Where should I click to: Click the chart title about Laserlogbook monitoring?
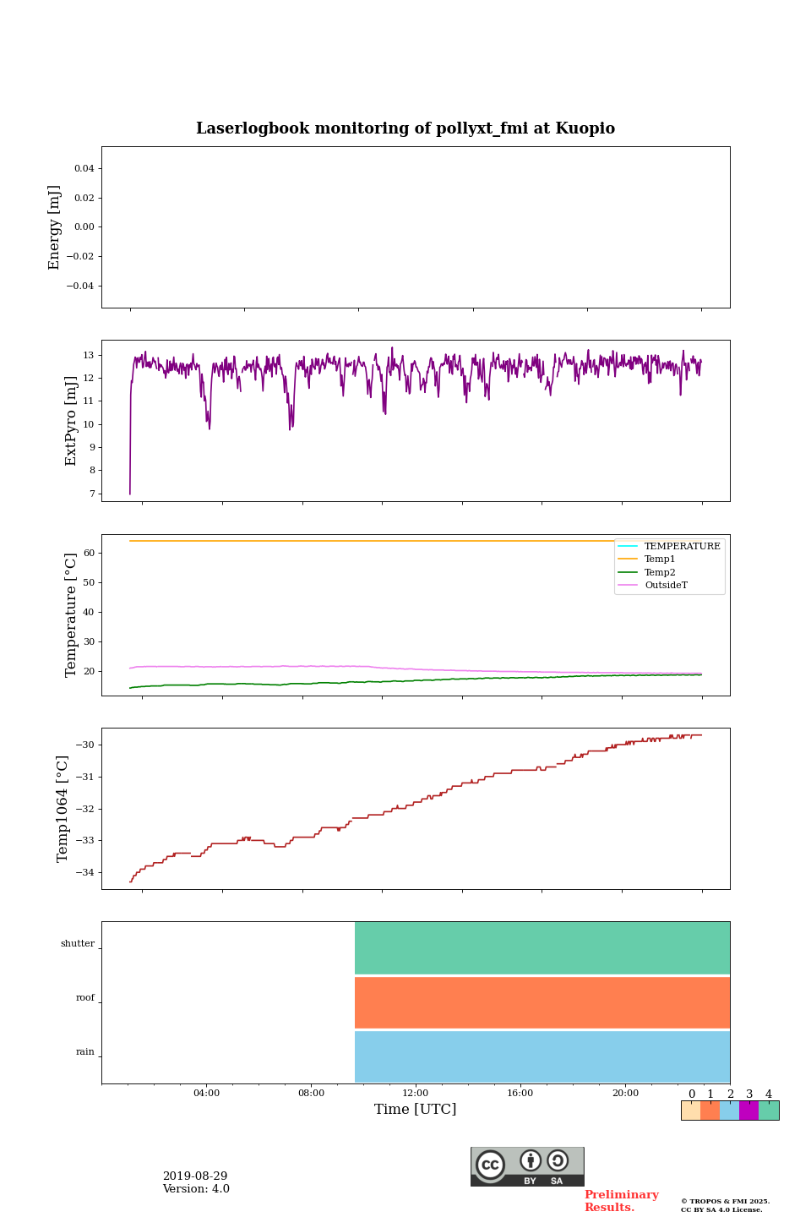[x=405, y=128]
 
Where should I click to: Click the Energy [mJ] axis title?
[x=54, y=227]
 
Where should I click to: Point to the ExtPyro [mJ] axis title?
[x=71, y=421]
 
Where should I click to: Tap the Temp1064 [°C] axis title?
[x=63, y=809]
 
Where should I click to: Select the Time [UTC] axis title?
[x=416, y=1109]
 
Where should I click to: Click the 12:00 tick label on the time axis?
[x=416, y=1093]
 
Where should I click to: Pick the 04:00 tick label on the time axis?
[x=206, y=1093]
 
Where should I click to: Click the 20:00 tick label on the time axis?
[x=625, y=1093]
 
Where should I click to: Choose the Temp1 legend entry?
[x=660, y=559]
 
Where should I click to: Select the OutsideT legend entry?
[x=666, y=586]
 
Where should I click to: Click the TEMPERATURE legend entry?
[x=682, y=547]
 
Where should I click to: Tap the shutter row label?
[x=78, y=944]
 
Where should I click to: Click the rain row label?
[x=85, y=1052]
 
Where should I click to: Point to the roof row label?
[x=85, y=998]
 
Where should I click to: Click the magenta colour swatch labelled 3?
[x=748, y=1111]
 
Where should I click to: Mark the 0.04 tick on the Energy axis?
[x=84, y=169]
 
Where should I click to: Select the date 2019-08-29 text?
[x=195, y=1176]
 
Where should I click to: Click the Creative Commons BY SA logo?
[x=527, y=1166]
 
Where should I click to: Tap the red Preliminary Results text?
[x=621, y=1201]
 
